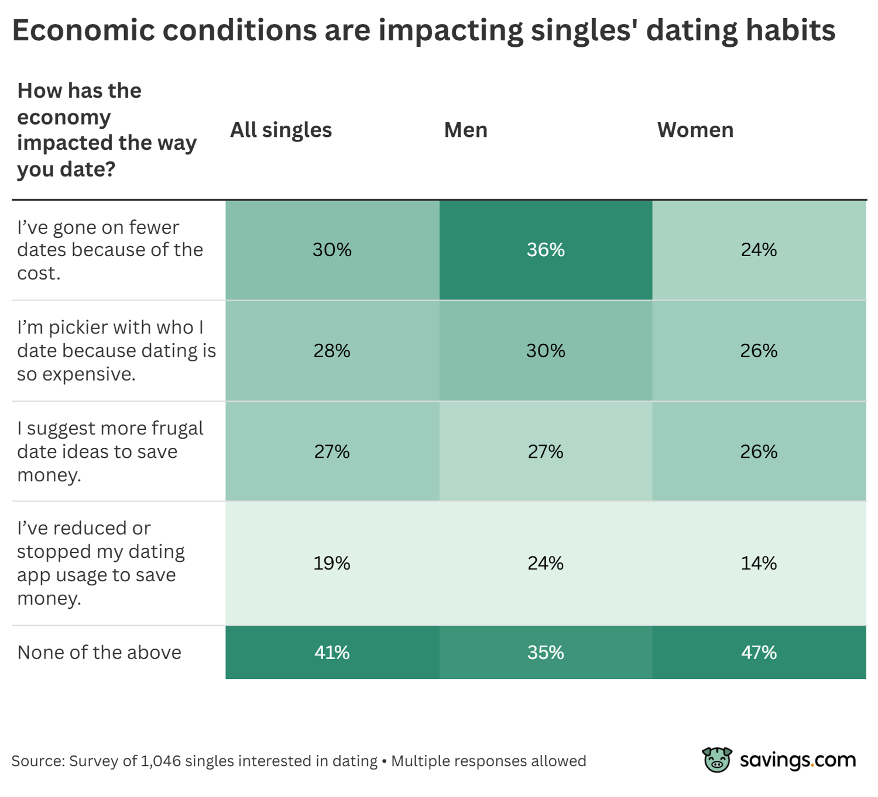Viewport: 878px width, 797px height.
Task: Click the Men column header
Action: pyautogui.click(x=465, y=130)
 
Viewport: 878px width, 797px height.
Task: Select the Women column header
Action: pyautogui.click(x=695, y=130)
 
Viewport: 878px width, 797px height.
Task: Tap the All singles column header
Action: pyautogui.click(x=280, y=130)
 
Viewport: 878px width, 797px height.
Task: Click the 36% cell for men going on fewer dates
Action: pyautogui.click(x=546, y=250)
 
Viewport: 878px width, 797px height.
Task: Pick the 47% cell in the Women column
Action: pyautogui.click(x=759, y=653)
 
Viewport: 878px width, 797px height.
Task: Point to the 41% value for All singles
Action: pyautogui.click(x=332, y=653)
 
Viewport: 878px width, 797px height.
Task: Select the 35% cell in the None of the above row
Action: pyautogui.click(x=546, y=653)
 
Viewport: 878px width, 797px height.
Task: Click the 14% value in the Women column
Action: pyautogui.click(x=759, y=563)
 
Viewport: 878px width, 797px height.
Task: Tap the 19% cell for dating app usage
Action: pyautogui.click(x=332, y=563)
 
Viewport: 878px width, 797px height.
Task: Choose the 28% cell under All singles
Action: pyautogui.click(x=332, y=351)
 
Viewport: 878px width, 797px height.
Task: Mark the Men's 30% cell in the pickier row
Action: pyautogui.click(x=546, y=351)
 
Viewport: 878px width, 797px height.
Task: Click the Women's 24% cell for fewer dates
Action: pyautogui.click(x=759, y=250)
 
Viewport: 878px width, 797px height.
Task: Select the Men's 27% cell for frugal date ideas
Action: pyautogui.click(x=546, y=451)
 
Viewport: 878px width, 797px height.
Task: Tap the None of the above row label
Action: pyautogui.click(x=100, y=653)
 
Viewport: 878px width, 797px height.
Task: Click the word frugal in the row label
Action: pyautogui.click(x=177, y=429)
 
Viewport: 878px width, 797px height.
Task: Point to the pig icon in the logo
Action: pyautogui.click(x=717, y=760)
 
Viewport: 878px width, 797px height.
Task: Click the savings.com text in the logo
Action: pyautogui.click(x=797, y=760)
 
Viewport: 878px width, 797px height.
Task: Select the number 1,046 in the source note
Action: pyautogui.click(x=161, y=761)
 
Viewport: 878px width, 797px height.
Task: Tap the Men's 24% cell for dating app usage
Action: pyautogui.click(x=546, y=563)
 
